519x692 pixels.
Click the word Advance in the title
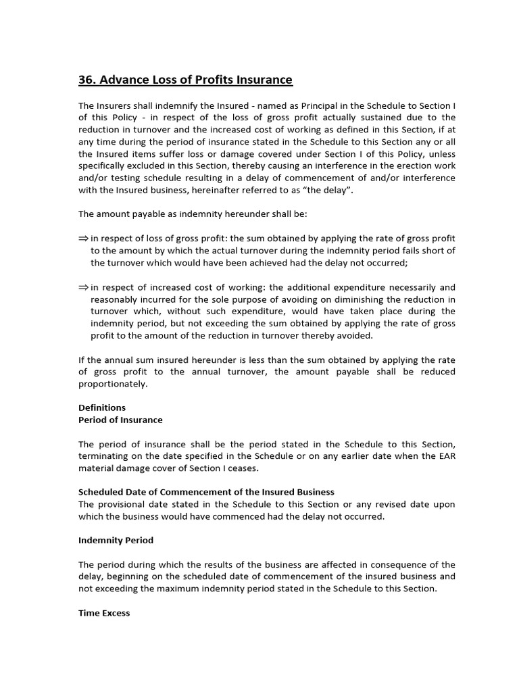click(124, 80)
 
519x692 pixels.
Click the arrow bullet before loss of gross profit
click(83, 239)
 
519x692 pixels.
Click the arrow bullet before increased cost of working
click(83, 287)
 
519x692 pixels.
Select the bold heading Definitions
click(102, 407)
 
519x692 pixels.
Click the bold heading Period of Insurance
click(121, 420)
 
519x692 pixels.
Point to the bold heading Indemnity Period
click(116, 540)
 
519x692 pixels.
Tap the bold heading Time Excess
click(104, 613)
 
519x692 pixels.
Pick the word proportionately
click(113, 383)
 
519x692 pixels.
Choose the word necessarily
click(409, 287)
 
